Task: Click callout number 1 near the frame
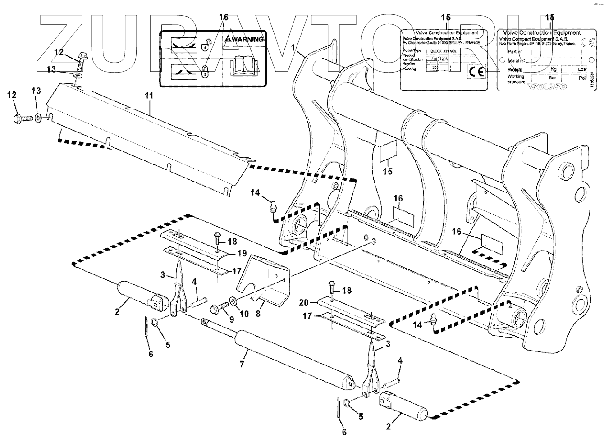click(x=293, y=47)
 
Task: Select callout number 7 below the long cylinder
click(x=242, y=364)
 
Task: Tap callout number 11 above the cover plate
click(x=149, y=96)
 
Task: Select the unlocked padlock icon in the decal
click(x=206, y=45)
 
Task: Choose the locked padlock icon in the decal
click(x=205, y=71)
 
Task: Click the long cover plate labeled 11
click(x=149, y=140)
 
